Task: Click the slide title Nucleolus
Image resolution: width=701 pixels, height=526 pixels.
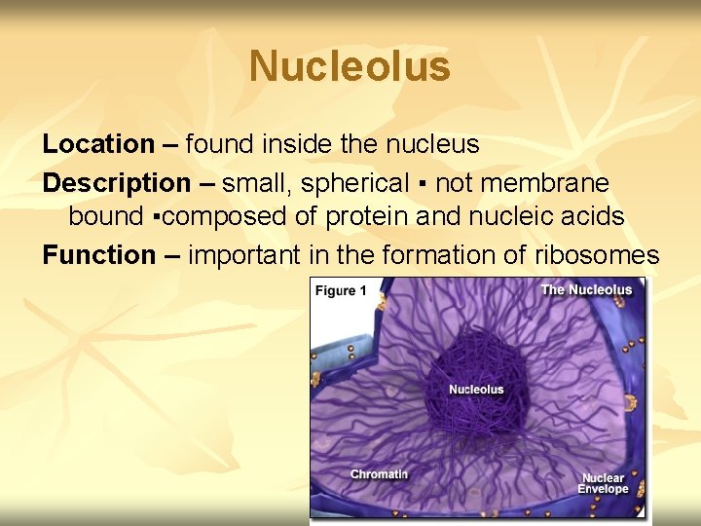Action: [x=350, y=67]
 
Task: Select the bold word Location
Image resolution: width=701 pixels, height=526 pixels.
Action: [x=98, y=144]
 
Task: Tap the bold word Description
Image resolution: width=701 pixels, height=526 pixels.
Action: [x=117, y=182]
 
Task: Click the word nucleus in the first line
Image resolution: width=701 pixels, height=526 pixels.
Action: [x=433, y=144]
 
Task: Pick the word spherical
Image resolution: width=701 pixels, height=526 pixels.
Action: [x=355, y=182]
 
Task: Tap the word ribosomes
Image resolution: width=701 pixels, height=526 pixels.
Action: [x=597, y=255]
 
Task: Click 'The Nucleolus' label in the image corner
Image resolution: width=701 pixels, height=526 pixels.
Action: [x=586, y=289]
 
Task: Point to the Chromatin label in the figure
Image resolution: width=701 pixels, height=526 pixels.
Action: [x=379, y=474]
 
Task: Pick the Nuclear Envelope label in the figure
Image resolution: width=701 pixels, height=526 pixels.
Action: [x=604, y=484]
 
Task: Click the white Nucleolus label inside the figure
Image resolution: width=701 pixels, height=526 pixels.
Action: [x=476, y=390]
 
